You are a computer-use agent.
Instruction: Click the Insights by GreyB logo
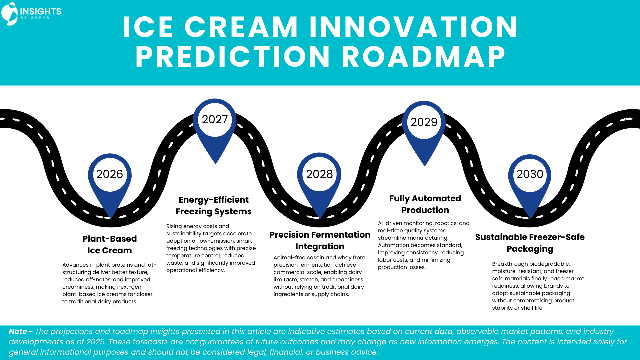[x=31, y=14]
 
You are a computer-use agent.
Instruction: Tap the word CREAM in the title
[x=241, y=27]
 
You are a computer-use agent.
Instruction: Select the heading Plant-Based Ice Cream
[x=110, y=244]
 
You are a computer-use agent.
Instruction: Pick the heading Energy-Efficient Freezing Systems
[x=214, y=205]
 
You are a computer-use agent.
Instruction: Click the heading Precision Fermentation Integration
[x=320, y=240]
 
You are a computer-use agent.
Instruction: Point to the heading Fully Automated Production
[x=425, y=204]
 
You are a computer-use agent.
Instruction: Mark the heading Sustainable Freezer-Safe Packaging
[x=530, y=243]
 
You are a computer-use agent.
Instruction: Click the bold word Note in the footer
[x=18, y=331]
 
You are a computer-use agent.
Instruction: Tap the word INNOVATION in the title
[x=413, y=27]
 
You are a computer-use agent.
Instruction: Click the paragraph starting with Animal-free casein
[x=319, y=276]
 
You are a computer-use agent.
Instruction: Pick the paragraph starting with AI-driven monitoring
[x=423, y=245]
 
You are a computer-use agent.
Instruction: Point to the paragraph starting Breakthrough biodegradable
[x=538, y=286]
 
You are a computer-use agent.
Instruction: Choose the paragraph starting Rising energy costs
[x=211, y=248]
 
